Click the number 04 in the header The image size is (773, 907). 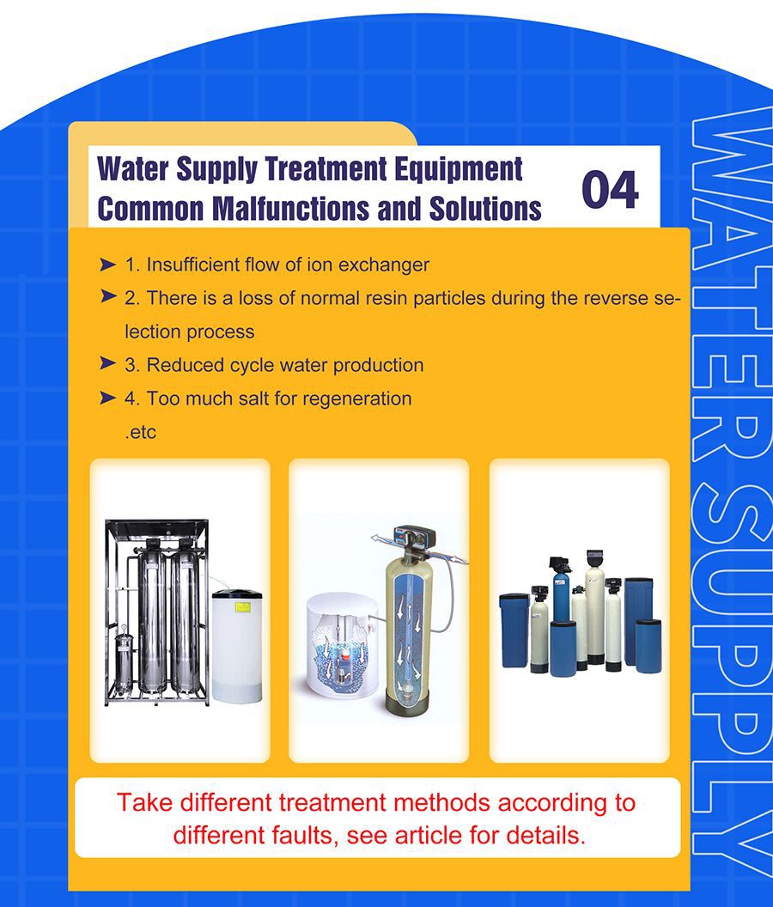coord(610,189)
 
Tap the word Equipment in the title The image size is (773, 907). coord(459,170)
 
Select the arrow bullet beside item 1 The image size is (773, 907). coord(107,265)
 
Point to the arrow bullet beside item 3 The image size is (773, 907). coord(107,363)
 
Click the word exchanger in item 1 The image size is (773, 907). coord(384,265)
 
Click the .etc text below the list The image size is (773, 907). coord(141,433)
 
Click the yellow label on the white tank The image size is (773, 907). coord(241,606)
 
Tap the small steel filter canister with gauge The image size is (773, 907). coord(123,663)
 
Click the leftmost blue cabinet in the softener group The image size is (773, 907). coord(514,630)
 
